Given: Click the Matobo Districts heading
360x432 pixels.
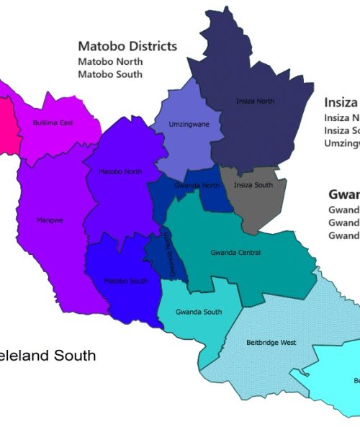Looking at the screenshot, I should pos(127,47).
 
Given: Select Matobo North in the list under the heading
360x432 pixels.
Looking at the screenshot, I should pos(110,62).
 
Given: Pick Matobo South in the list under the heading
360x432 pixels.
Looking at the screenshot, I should pos(110,74).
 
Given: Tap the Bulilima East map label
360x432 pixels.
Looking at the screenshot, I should pos(53,123).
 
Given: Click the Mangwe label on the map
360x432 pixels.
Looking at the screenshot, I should pos(50,220).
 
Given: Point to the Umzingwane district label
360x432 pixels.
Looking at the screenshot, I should pos(189,124).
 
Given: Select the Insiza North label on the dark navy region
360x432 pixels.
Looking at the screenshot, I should pos(255,101).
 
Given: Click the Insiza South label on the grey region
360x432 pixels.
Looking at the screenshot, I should pos(253,185).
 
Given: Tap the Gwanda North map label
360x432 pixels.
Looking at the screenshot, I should pos(197,185).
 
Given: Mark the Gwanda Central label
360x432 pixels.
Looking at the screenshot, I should pos(235,253).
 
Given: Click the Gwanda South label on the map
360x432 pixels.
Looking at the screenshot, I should pos(199,312).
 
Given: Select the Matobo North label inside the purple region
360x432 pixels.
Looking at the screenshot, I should pos(120,171).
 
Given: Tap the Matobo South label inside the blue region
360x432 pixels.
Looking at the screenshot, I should pos(125,281).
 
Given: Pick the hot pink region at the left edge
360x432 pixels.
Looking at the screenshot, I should pos(6,126).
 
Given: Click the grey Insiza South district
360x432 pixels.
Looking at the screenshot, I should pos(256,205).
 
